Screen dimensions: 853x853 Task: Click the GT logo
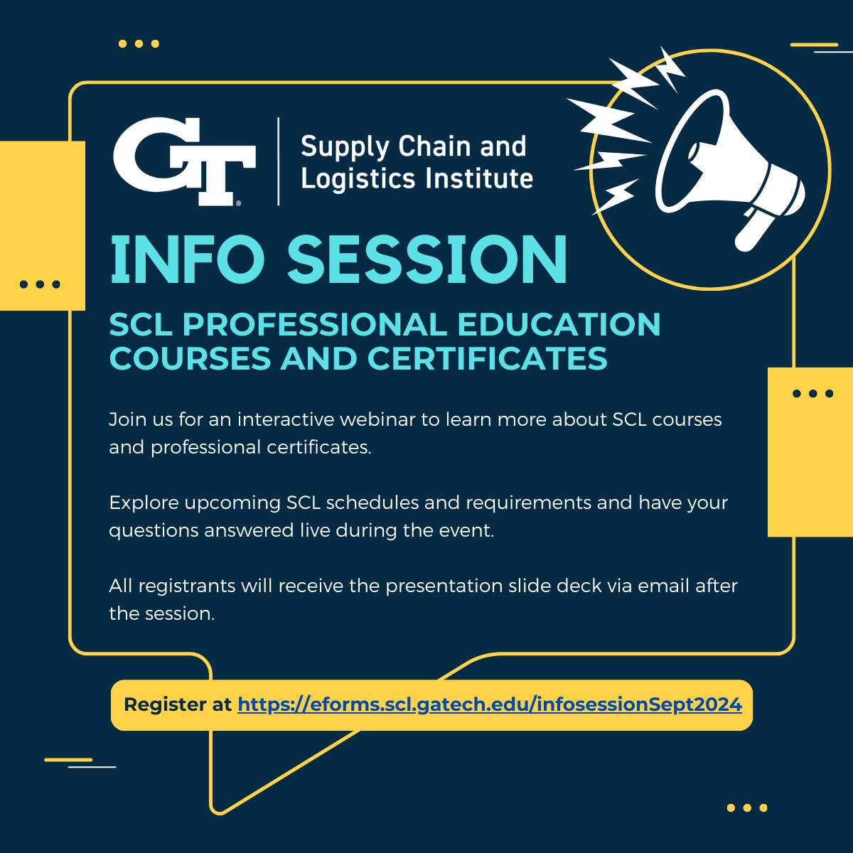[184, 161]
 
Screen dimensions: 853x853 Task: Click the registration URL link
[490, 704]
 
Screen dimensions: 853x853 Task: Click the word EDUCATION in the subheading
[559, 324]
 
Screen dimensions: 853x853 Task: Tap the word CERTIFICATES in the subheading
[487, 358]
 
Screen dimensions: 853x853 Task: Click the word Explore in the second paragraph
[144, 503]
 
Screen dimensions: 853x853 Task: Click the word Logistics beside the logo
[358, 179]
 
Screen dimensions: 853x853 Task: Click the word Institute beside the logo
[479, 178]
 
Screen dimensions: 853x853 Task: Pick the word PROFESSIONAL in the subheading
[315, 324]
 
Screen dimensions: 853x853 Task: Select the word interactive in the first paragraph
[286, 419]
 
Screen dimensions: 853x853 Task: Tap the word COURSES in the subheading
[190, 358]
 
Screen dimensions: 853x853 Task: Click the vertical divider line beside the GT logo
[279, 161]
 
